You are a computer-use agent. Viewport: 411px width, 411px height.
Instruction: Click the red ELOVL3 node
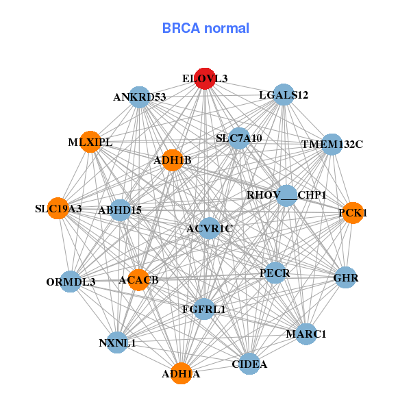[x=205, y=79]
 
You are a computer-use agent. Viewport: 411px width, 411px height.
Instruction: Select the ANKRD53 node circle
[x=139, y=97]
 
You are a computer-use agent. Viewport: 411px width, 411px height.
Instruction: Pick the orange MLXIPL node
[x=90, y=142]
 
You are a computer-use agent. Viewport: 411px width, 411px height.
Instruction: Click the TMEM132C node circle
[x=332, y=144]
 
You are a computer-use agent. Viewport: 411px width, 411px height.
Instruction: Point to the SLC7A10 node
[x=239, y=138]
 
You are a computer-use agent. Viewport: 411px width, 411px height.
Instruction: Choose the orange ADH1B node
[x=172, y=160]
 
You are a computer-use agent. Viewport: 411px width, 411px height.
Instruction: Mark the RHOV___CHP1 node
[x=286, y=195]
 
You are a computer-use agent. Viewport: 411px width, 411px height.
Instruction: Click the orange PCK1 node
[x=352, y=213]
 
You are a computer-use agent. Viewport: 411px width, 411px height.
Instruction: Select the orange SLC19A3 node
[x=58, y=208]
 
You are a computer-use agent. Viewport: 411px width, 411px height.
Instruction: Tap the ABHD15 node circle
[x=121, y=210]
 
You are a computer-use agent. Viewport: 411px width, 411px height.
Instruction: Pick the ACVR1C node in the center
[x=210, y=227]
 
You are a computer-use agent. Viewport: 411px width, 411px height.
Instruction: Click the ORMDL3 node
[x=71, y=281]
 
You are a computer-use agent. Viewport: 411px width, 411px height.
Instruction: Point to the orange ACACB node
[x=138, y=279]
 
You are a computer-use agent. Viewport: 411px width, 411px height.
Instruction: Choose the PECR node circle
[x=275, y=273]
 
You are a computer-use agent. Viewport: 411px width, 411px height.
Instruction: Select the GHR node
[x=345, y=278]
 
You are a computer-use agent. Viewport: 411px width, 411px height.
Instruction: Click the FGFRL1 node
[x=203, y=309]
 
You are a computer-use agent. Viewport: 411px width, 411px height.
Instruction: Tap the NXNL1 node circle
[x=117, y=342]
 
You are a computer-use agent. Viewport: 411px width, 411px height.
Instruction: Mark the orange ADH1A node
[x=181, y=373]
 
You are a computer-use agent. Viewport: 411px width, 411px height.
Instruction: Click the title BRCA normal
[x=206, y=29]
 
